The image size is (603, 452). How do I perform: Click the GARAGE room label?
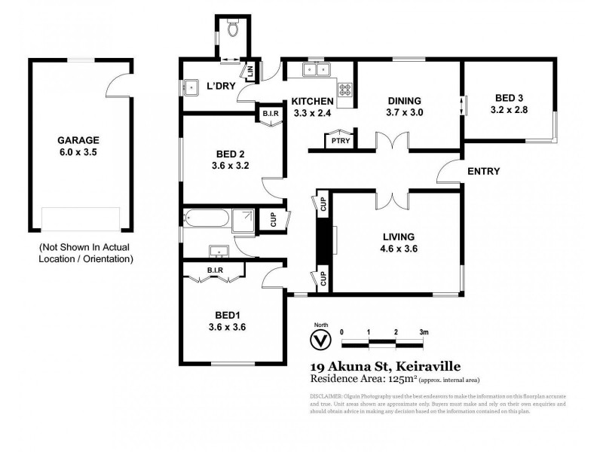[x=78, y=140]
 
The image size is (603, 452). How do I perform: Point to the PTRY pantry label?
[x=335, y=141]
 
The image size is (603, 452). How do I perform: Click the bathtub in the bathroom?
[x=206, y=219]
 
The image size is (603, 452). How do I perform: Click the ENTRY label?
[x=484, y=171]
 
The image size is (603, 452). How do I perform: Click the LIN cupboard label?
[x=250, y=72]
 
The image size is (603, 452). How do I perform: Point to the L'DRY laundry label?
[x=222, y=87]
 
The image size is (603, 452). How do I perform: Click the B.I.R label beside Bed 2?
[x=271, y=115]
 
